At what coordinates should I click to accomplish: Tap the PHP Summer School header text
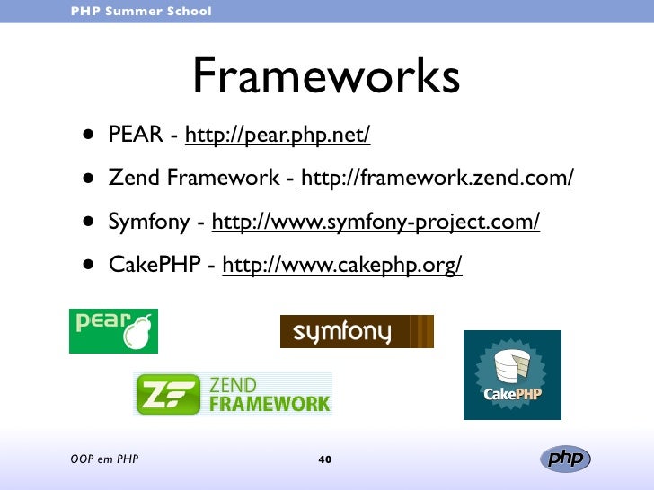[141, 11]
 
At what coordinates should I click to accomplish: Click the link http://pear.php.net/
[278, 136]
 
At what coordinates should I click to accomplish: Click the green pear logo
[113, 331]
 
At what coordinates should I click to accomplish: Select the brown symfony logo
[357, 331]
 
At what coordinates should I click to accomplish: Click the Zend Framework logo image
[233, 394]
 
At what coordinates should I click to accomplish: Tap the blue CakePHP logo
[512, 374]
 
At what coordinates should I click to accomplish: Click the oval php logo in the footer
[565, 459]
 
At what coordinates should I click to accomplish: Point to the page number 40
[325, 460]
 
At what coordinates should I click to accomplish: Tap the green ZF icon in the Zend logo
[168, 395]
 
